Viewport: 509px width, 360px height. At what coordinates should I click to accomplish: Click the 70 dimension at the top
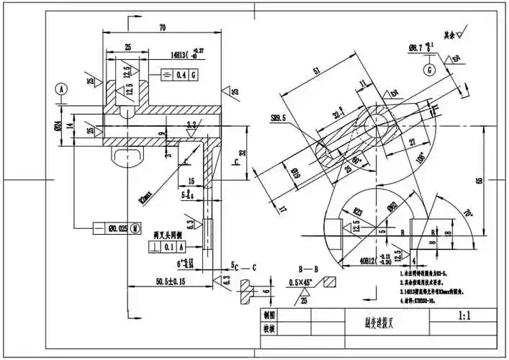162,27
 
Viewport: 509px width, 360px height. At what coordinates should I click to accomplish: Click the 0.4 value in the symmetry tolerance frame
181,74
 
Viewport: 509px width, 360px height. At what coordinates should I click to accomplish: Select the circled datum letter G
429,70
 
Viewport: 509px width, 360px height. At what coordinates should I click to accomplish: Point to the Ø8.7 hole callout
419,48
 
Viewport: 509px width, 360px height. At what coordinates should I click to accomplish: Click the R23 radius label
356,210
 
